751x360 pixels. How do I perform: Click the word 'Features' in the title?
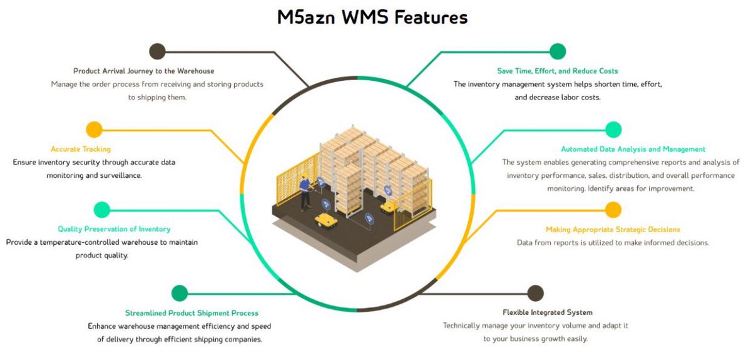(x=430, y=17)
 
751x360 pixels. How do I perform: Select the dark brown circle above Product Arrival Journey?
(x=157, y=51)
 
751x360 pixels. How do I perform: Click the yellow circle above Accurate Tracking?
(x=94, y=130)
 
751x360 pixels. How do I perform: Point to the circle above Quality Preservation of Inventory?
(x=101, y=210)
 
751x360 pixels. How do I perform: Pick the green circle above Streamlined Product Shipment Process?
(x=180, y=293)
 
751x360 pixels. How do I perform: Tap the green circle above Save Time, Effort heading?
(x=557, y=51)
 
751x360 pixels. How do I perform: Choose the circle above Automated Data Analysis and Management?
(x=613, y=130)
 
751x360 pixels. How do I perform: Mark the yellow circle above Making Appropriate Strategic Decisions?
(x=613, y=210)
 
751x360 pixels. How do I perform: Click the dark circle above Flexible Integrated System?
(x=535, y=293)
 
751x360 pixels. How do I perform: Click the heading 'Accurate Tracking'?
(x=81, y=149)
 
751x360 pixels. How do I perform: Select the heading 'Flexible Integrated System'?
(x=547, y=312)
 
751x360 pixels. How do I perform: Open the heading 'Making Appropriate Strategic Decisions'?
(x=613, y=229)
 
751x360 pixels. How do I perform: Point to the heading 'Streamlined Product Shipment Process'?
(x=192, y=313)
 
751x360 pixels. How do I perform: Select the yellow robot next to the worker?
(x=325, y=219)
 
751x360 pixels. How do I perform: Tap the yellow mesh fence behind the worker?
(x=288, y=182)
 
